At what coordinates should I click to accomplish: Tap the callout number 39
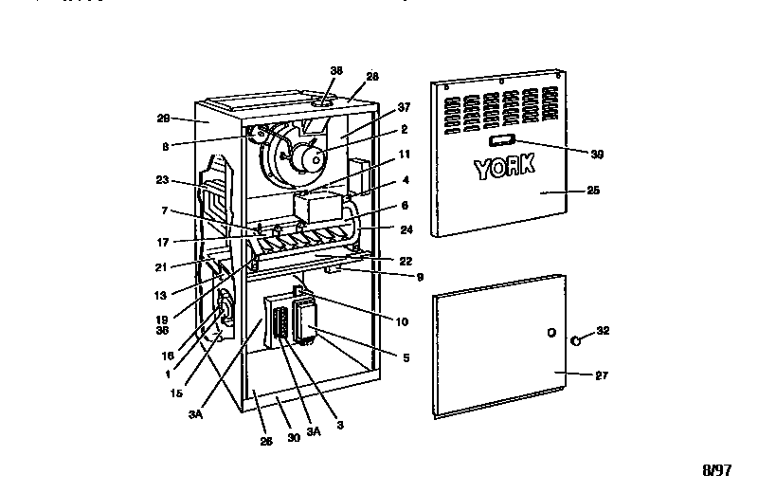(596, 154)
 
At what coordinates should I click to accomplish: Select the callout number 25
(593, 191)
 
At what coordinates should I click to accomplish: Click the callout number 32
(604, 331)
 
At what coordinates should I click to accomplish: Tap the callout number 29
(163, 119)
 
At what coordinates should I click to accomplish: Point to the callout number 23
(163, 178)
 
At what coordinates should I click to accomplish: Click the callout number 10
(402, 322)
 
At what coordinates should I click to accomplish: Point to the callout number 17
(163, 241)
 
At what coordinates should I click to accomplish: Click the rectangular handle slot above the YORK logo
(503, 140)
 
